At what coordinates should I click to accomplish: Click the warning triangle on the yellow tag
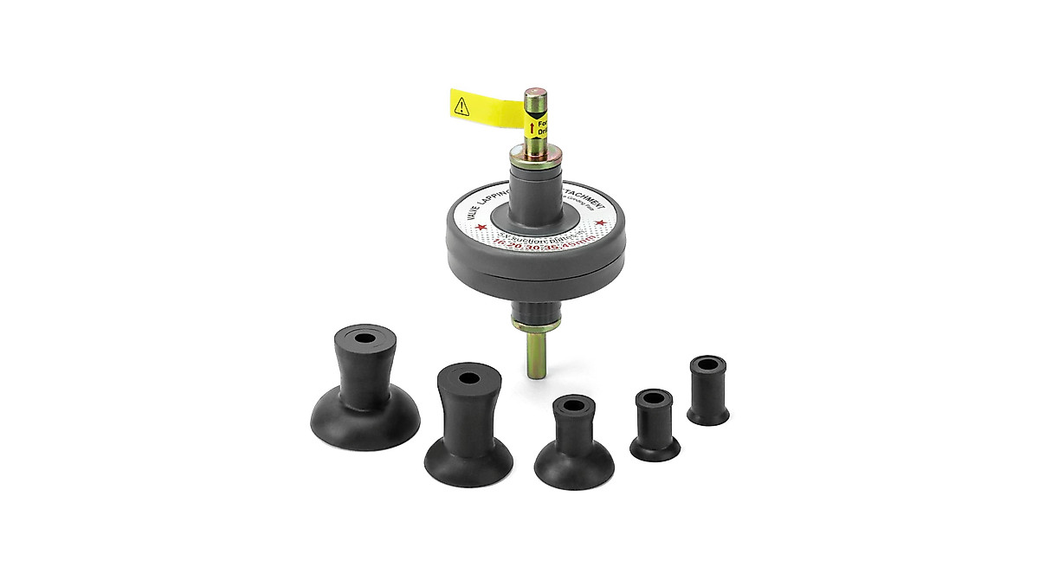[x=462, y=106]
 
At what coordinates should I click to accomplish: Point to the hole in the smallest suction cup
[x=707, y=361]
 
